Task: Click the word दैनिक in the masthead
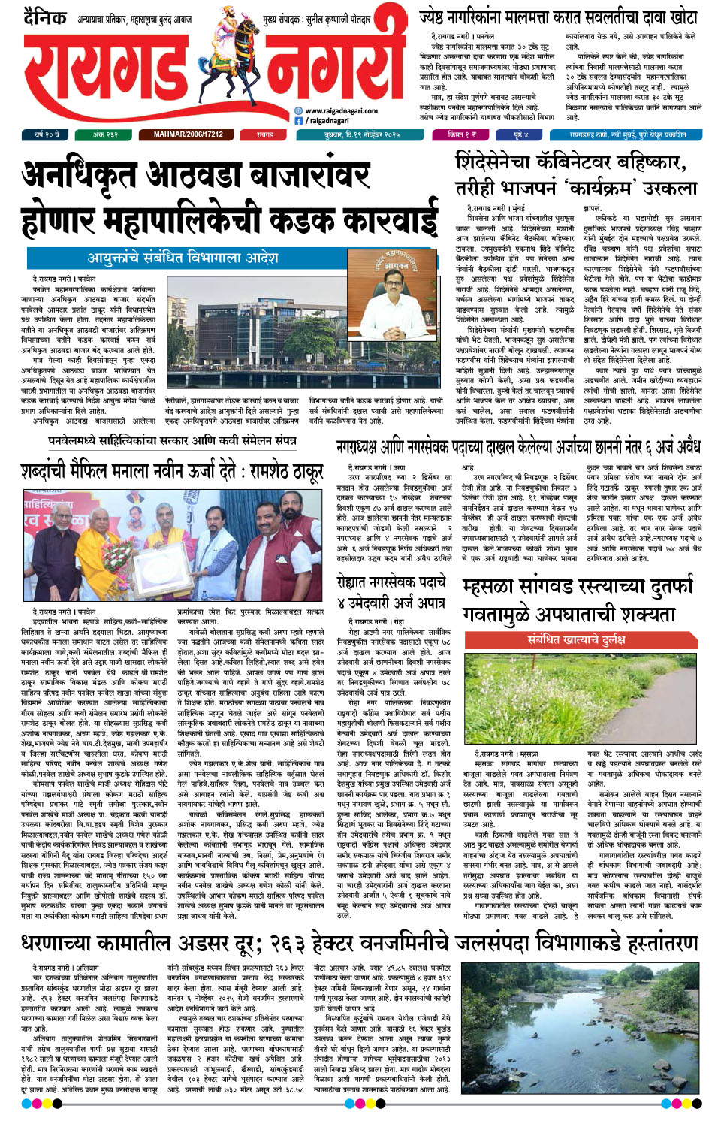tap(44, 17)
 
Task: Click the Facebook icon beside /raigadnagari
tap(298, 120)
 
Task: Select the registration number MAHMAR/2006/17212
tap(188, 134)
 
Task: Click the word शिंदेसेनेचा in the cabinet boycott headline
tap(502, 162)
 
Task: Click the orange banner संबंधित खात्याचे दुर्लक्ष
tap(576, 639)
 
